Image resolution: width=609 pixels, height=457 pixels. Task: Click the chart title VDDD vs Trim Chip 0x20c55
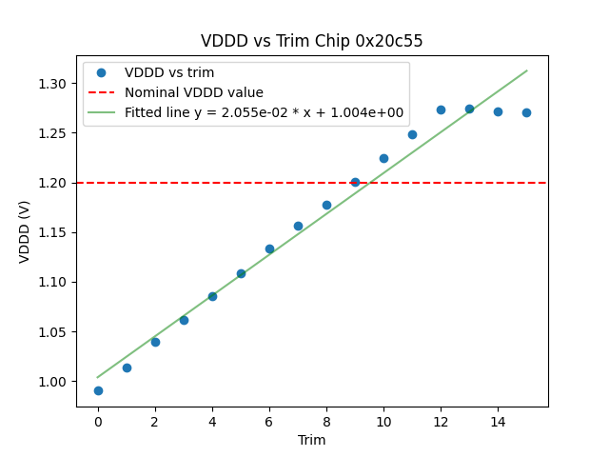click(x=311, y=41)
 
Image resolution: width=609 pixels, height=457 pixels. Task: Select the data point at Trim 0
click(x=98, y=390)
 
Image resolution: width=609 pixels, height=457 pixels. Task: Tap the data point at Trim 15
click(x=526, y=112)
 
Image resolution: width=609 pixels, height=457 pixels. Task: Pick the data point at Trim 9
click(x=355, y=182)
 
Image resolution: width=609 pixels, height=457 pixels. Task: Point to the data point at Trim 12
click(x=441, y=109)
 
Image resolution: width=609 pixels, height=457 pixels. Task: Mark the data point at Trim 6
click(x=269, y=248)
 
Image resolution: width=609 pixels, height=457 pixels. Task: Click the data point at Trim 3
click(x=184, y=320)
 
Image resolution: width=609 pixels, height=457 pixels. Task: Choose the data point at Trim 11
click(x=412, y=134)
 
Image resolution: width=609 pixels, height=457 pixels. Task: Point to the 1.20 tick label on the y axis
click(x=53, y=183)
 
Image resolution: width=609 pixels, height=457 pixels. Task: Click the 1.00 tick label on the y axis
click(x=53, y=382)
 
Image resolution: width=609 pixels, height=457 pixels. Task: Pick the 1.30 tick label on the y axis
click(x=53, y=84)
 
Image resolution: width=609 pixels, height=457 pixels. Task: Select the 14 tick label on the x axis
click(x=498, y=422)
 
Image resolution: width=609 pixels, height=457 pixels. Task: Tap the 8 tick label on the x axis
click(x=326, y=422)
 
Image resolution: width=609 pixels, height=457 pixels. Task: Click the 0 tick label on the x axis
click(x=98, y=422)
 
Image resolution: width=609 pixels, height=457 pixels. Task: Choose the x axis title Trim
click(x=311, y=440)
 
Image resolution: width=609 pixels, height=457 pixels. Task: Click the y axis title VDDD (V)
click(x=25, y=230)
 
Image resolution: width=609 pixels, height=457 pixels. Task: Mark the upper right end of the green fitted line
click(x=526, y=70)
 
